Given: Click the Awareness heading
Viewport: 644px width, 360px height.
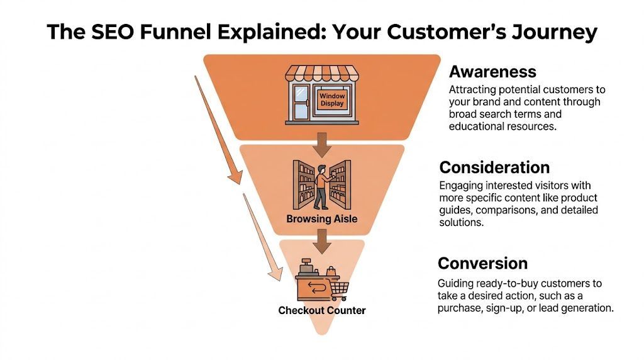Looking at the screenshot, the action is pyautogui.click(x=492, y=72).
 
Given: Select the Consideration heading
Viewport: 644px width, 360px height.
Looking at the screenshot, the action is pyautogui.click(x=494, y=167).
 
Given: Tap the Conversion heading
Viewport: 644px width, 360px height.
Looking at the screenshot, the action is pyautogui.click(x=482, y=264).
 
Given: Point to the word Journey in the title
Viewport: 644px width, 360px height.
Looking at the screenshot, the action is pyautogui.click(x=555, y=33).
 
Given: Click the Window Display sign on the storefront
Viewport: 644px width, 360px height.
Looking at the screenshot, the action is pyautogui.click(x=332, y=100).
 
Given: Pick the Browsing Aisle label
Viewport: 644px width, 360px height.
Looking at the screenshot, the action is pyautogui.click(x=322, y=218).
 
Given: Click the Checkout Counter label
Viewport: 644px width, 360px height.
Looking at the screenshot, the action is pyautogui.click(x=322, y=310).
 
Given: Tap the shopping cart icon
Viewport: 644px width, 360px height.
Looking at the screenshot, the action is pyautogui.click(x=339, y=290).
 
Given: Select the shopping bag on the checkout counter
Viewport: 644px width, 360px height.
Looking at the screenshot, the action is pyautogui.click(x=331, y=271).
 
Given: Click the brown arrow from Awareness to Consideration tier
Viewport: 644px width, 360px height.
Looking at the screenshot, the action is pyautogui.click(x=322, y=145).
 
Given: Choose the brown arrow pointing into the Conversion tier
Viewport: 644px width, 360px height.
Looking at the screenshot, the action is pyautogui.click(x=322, y=242).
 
